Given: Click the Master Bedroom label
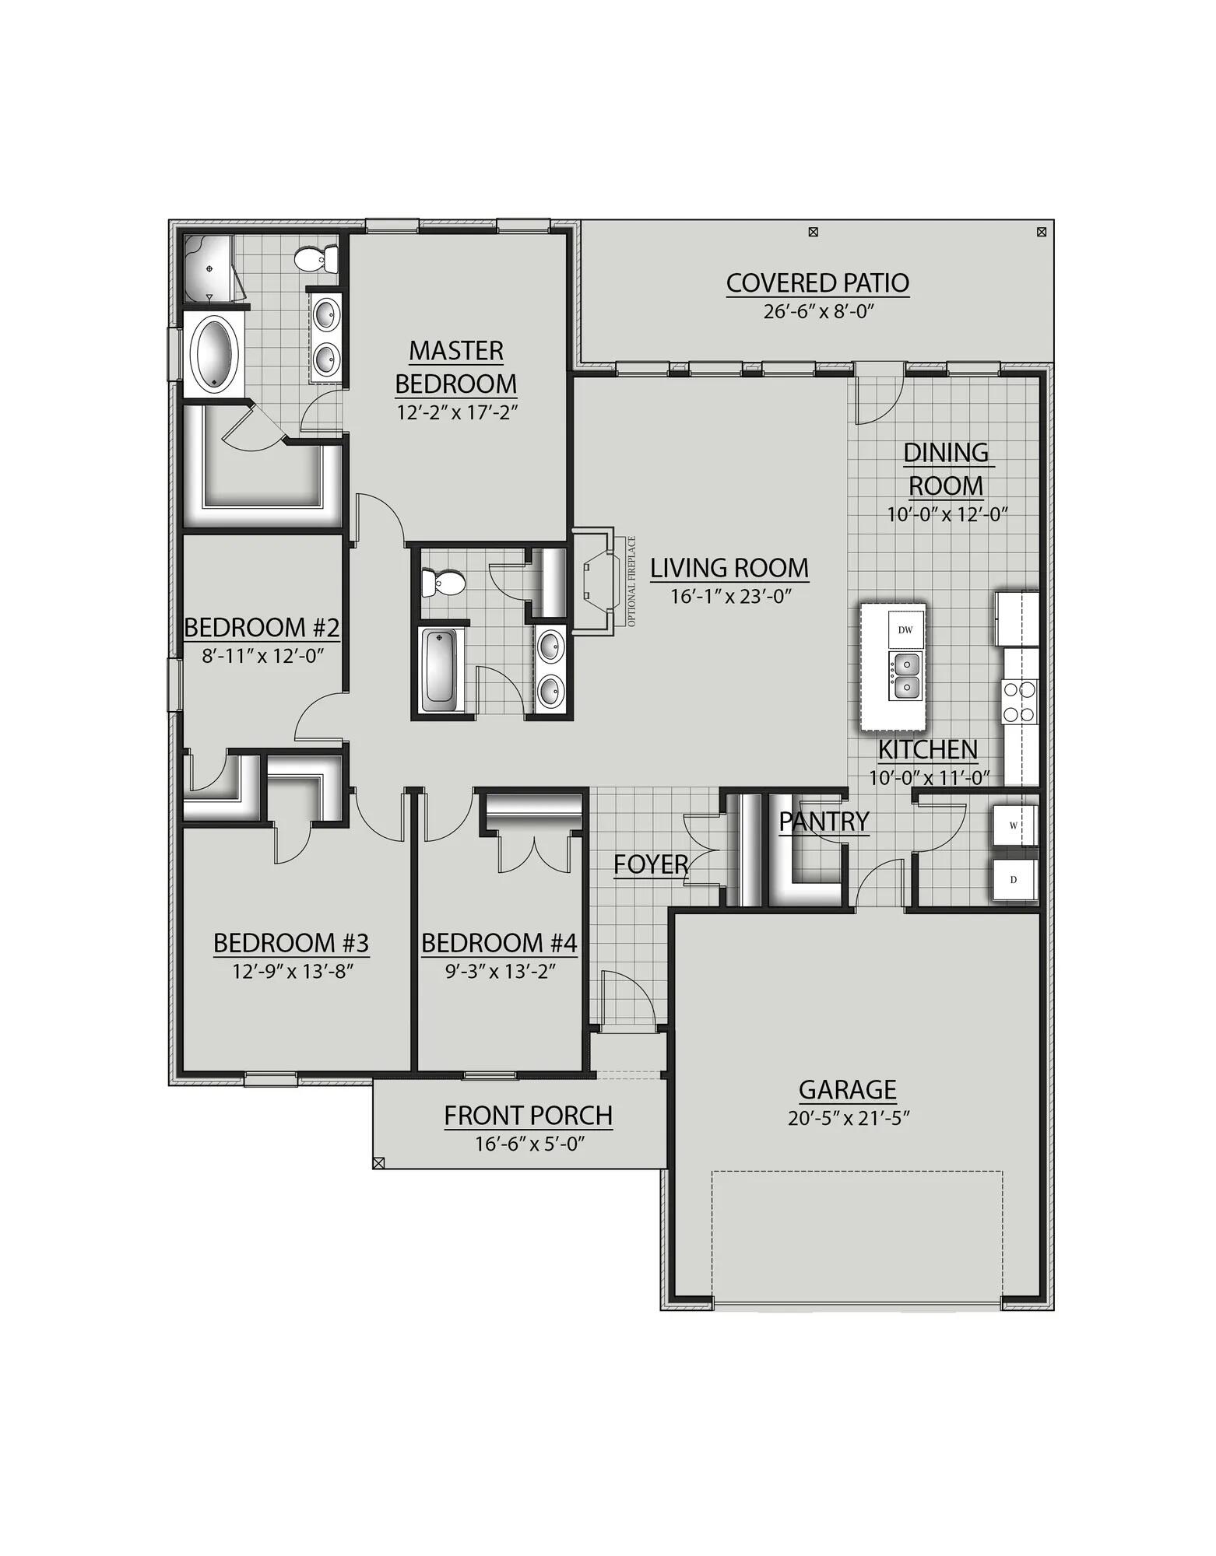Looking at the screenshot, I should (x=456, y=367).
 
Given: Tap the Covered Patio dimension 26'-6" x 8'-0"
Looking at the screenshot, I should (x=817, y=312).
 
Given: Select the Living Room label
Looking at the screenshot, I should (x=729, y=569).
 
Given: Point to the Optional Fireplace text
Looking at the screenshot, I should (x=631, y=582).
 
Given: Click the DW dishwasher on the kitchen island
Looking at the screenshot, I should (x=905, y=629).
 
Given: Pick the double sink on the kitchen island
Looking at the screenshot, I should (x=905, y=676).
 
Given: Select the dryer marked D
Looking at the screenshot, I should (x=1014, y=880).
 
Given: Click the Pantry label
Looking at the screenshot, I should (x=824, y=821).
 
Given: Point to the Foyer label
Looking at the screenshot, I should (x=650, y=864).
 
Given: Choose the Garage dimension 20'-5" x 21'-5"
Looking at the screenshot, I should (x=848, y=1118).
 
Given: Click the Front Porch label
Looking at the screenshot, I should (x=528, y=1116).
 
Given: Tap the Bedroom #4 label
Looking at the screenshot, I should (x=499, y=943).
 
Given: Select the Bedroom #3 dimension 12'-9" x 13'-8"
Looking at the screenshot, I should (x=291, y=971).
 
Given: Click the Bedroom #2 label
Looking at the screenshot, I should (x=262, y=627).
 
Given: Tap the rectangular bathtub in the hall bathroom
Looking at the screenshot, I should (x=440, y=669).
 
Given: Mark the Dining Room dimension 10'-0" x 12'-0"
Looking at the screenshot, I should (x=947, y=514).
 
